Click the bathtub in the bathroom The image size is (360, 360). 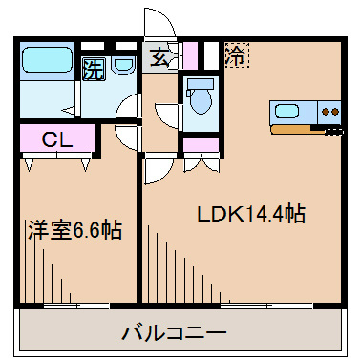[48, 58]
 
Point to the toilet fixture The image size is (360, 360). [200, 99]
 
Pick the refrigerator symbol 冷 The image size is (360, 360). [236, 55]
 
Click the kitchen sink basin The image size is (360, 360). [287, 110]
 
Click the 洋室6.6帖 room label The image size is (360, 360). [74, 230]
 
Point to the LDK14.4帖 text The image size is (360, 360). [251, 214]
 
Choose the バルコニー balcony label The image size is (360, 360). [174, 333]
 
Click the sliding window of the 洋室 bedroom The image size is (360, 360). [76, 307]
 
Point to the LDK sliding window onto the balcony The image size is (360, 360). [272, 307]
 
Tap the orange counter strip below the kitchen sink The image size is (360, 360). [296, 125]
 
